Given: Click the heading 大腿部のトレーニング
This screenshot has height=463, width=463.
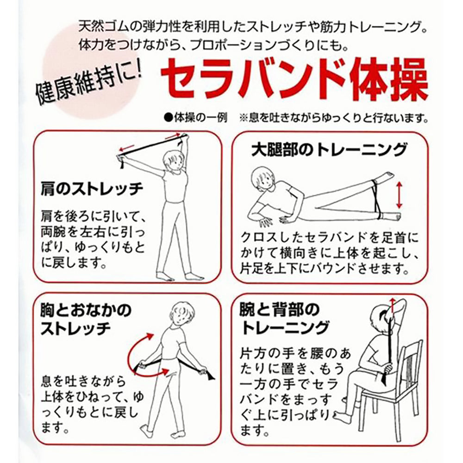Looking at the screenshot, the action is (x=329, y=150).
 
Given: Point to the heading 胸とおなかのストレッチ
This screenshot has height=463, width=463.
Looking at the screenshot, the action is (x=86, y=319).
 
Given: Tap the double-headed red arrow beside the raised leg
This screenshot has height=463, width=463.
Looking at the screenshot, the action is (x=399, y=195).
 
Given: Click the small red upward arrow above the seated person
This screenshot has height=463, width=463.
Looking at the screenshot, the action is (x=393, y=306).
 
